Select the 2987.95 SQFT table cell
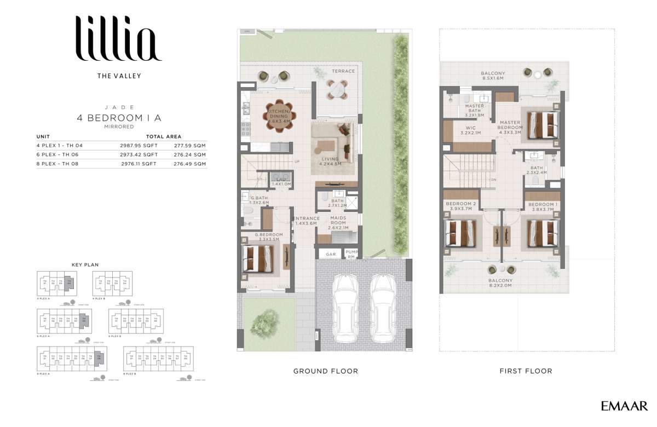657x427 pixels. pyautogui.click(x=138, y=146)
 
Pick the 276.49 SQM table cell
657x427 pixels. pyautogui.click(x=190, y=163)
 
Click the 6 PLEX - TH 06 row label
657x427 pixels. pyautogui.click(x=57, y=154)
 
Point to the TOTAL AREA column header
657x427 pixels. pyautogui.click(x=164, y=136)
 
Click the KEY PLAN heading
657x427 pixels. pyautogui.click(x=85, y=264)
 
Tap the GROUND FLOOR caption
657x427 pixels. pyautogui.click(x=325, y=371)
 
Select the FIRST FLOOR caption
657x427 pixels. pyautogui.click(x=526, y=371)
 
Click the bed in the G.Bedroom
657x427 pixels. pyautogui.click(x=258, y=258)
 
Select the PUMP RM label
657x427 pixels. pyautogui.click(x=350, y=254)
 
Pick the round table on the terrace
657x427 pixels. pyautogui.click(x=336, y=89)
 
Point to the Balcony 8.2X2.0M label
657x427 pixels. pyautogui.click(x=500, y=283)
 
